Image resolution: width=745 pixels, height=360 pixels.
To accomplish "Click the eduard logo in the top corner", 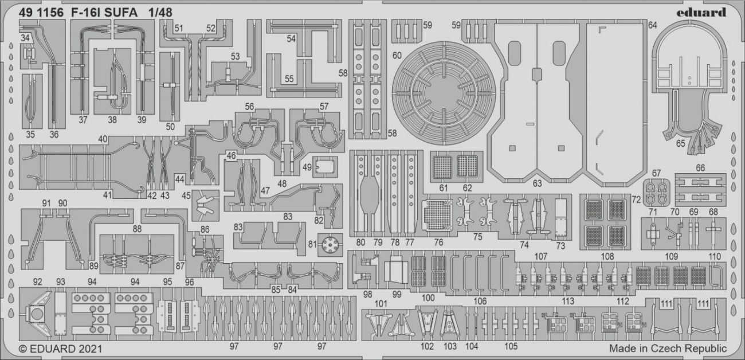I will pos(703,13).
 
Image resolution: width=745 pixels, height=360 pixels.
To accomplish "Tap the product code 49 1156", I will pos(38,13).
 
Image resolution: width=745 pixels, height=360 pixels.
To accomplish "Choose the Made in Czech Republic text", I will pos(668,349).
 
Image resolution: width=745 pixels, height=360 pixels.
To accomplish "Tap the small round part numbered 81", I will pos(329,246).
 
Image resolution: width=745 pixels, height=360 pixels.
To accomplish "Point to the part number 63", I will pos(537,184).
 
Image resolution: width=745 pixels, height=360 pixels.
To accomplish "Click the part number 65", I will pos(680,143).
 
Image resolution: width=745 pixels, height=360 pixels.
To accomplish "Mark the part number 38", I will pos(112,120).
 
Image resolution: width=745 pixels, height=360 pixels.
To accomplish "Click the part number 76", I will pos(438,242).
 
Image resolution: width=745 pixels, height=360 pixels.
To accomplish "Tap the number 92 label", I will pos(38,281).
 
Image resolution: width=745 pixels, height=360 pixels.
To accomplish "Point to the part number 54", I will pos(291,39).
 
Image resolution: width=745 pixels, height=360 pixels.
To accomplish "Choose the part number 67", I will pos(656,173).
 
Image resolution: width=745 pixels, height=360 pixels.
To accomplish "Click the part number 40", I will pos(103,139).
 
